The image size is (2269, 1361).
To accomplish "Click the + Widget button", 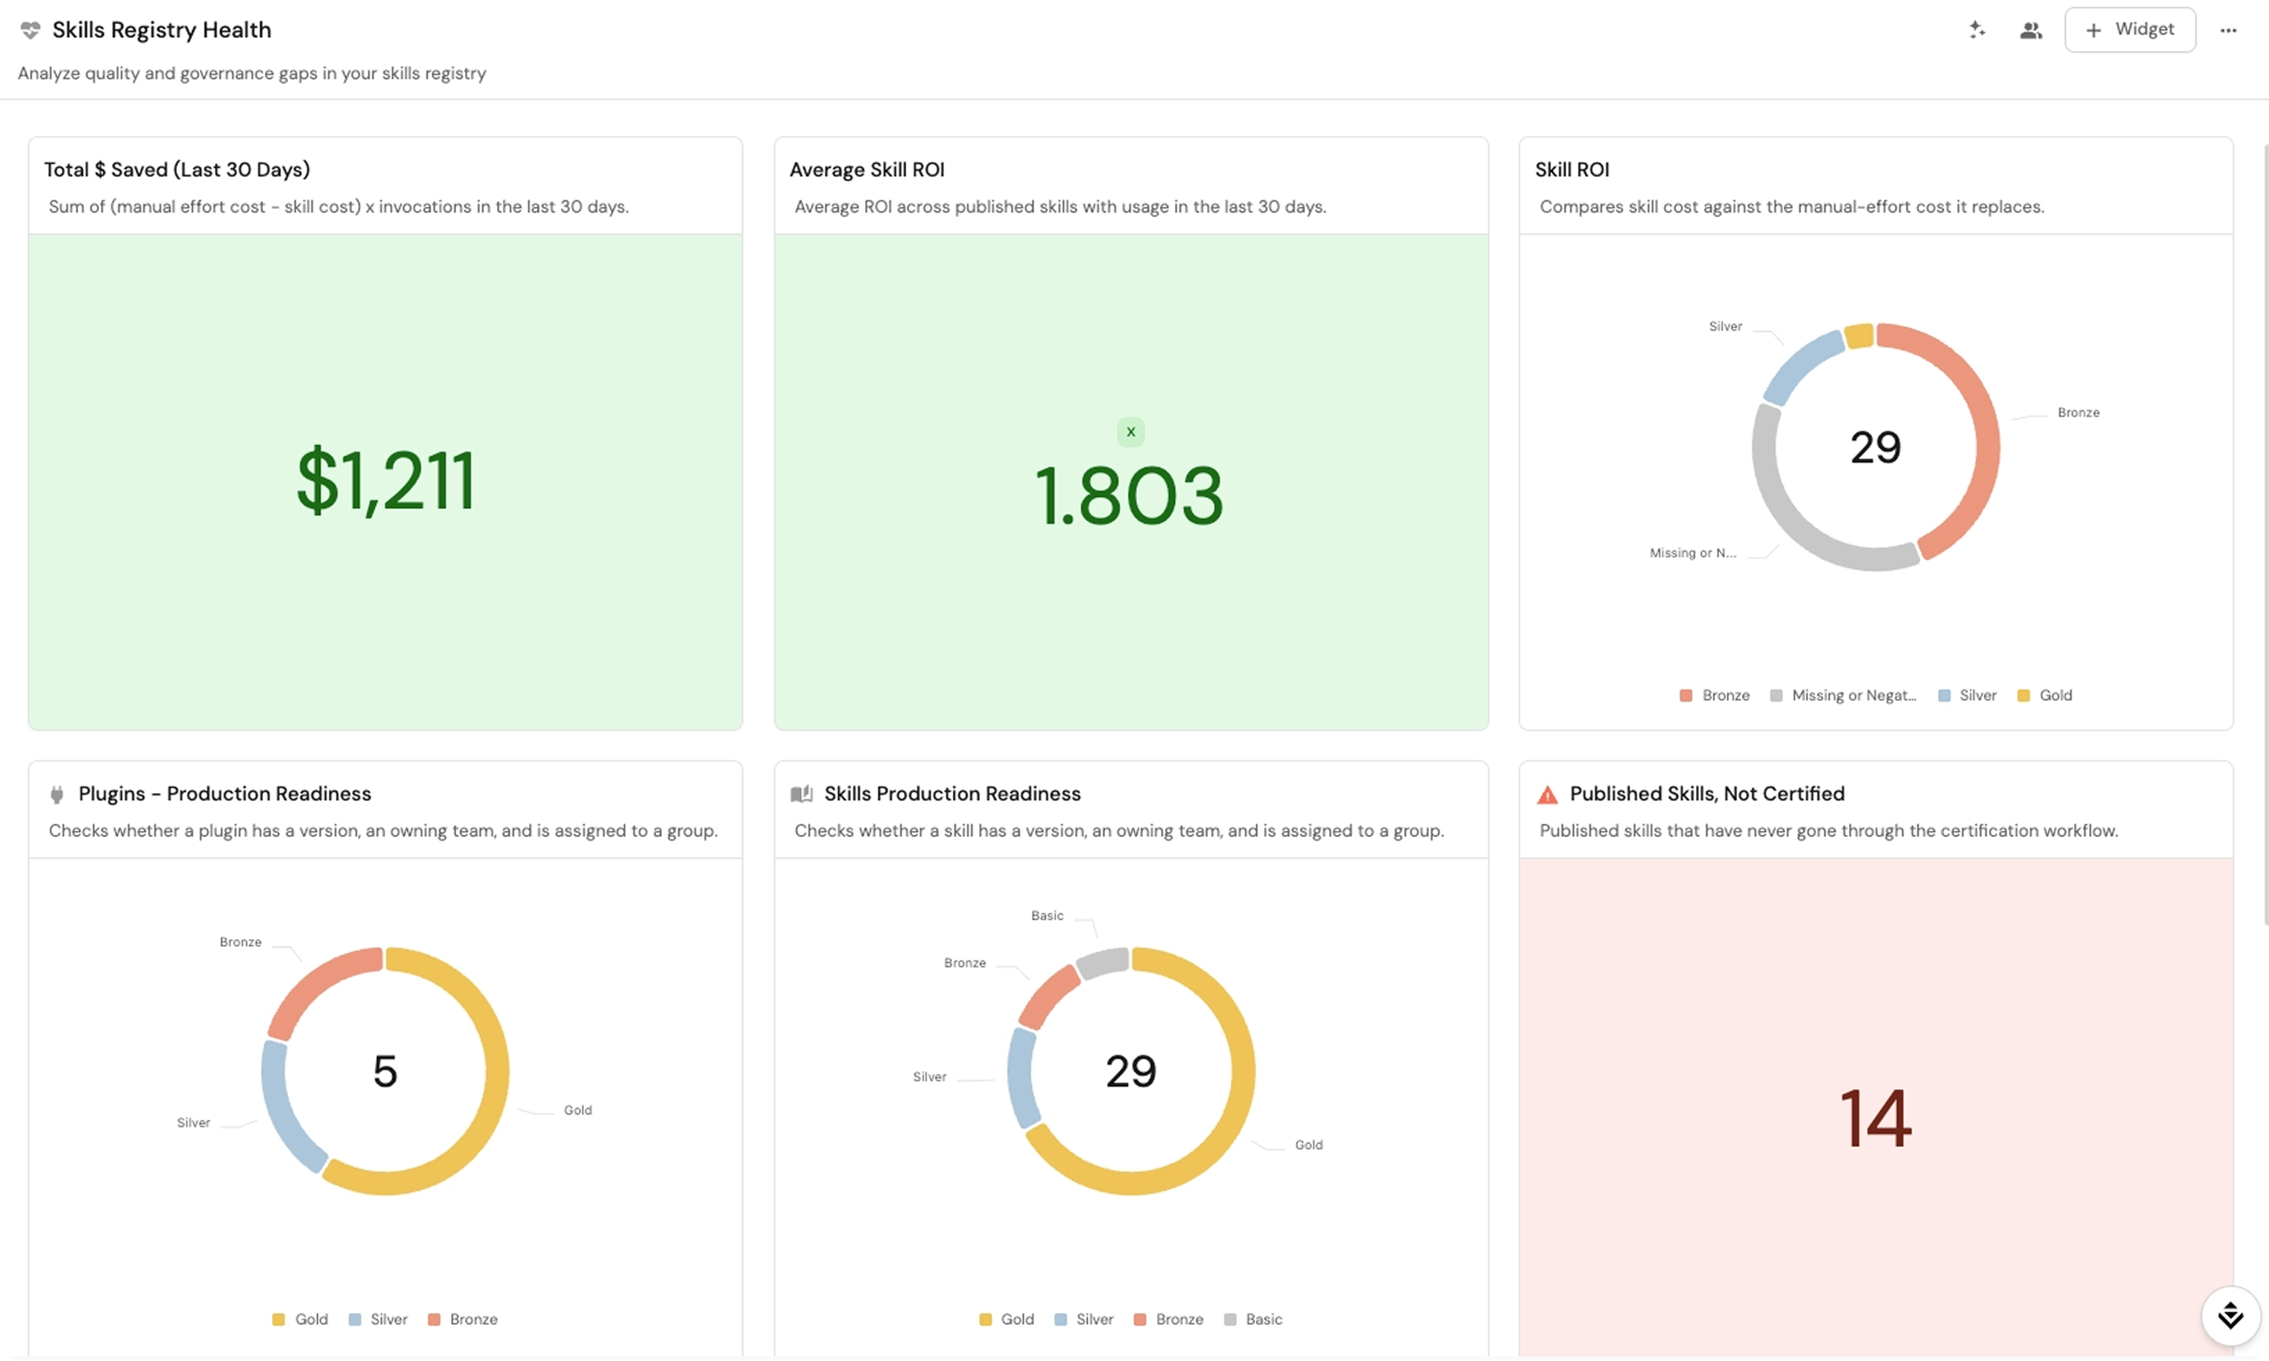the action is coord(2129,30).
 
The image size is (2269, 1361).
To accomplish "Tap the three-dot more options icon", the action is coord(2228,30).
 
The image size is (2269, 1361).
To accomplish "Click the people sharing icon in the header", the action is coord(2031,30).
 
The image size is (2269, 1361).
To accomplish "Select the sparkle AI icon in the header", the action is coord(1977,29).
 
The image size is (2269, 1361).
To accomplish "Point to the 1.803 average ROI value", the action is coord(1128,496).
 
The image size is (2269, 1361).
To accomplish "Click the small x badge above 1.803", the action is coord(1130,432).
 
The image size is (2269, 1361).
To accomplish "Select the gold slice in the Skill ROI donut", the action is coord(1858,335).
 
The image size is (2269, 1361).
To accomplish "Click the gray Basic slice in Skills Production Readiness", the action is coord(1103,963).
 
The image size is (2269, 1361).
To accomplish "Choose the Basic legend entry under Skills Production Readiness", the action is coord(1253,1319).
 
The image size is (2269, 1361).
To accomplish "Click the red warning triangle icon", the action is coord(1548,795).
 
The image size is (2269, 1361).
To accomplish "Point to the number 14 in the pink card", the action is coord(1876,1118).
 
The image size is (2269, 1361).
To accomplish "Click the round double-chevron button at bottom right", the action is coord(2230,1315).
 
